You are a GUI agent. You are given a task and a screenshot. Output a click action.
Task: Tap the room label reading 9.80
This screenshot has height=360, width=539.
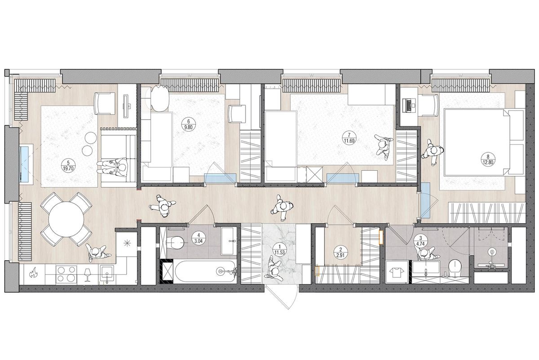[188, 125]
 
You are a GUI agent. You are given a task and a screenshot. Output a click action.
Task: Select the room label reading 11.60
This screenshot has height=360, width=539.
[349, 138]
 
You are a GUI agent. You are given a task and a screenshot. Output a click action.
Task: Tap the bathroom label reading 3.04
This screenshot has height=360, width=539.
[198, 239]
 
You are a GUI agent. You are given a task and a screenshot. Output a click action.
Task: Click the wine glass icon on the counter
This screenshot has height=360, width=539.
[87, 275]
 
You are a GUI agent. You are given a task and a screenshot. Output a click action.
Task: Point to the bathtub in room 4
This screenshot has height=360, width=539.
[204, 271]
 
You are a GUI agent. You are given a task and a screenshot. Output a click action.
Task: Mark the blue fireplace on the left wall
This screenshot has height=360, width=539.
[25, 164]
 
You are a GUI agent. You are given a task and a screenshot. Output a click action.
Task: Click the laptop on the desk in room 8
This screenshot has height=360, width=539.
[409, 105]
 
